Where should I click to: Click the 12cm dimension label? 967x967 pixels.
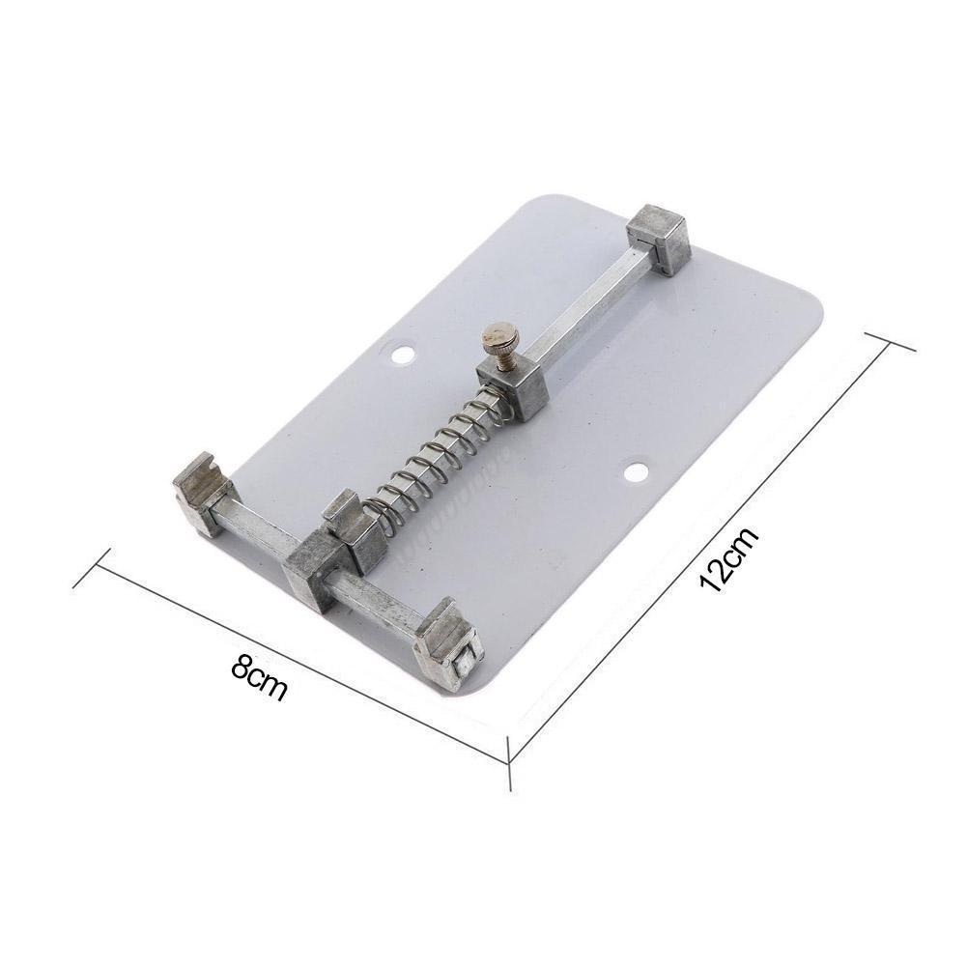click(728, 561)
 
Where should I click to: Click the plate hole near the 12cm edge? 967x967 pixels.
click(635, 472)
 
